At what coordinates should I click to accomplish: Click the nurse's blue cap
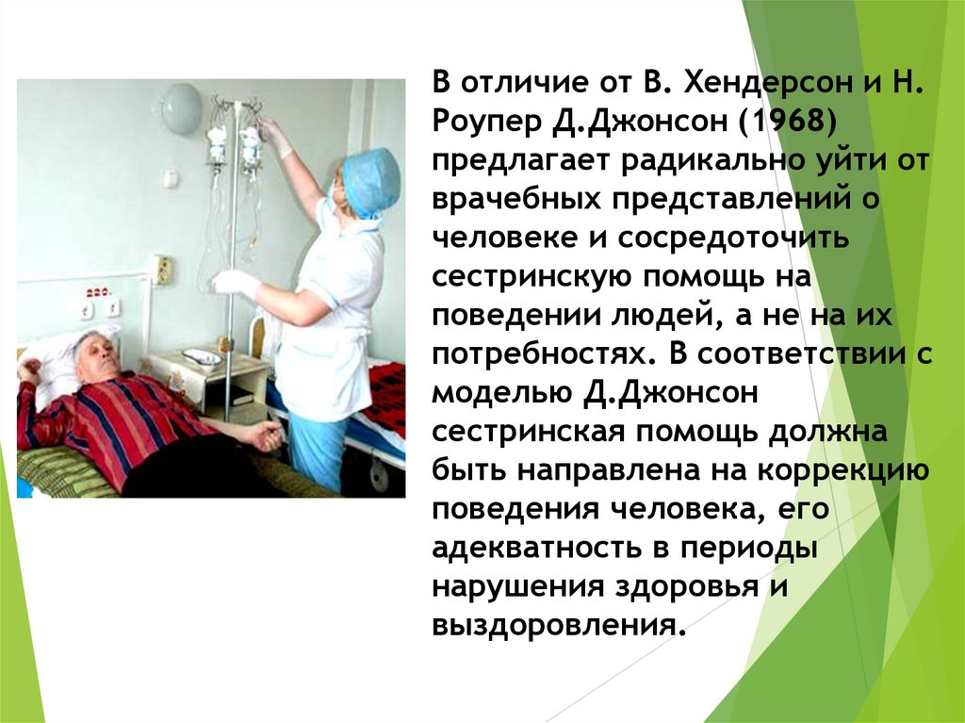click(370, 179)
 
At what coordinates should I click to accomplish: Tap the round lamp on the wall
click(180, 107)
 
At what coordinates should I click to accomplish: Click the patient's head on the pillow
click(95, 357)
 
